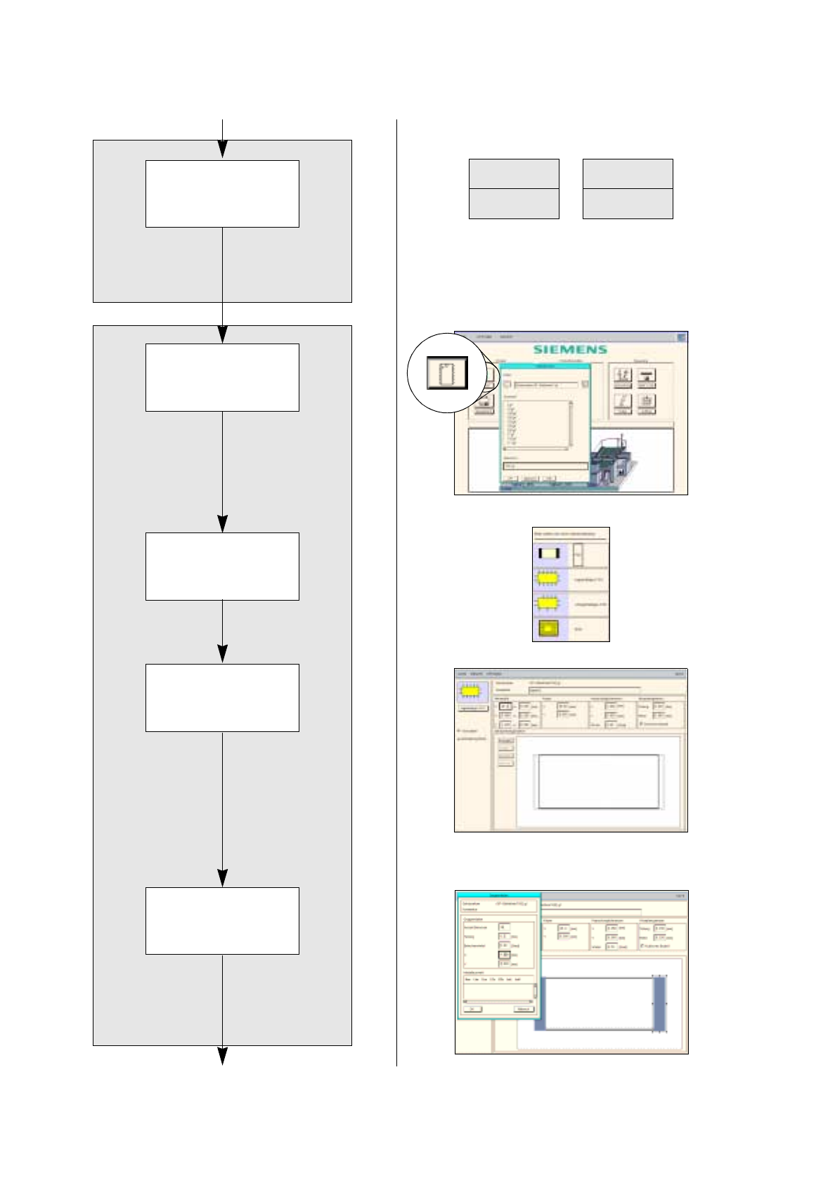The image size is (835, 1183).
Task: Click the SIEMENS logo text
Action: pyautogui.click(x=569, y=349)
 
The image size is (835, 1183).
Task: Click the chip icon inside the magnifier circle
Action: pyautogui.click(x=448, y=373)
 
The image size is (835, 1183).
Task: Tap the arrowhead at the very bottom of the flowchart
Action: pyautogui.click(x=222, y=1056)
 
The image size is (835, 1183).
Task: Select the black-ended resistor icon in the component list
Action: pyautogui.click(x=548, y=554)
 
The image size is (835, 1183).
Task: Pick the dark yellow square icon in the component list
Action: pyautogui.click(x=548, y=629)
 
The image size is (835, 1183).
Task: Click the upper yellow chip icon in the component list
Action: pyautogui.click(x=548, y=579)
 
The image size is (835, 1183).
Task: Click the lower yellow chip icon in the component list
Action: pyautogui.click(x=548, y=603)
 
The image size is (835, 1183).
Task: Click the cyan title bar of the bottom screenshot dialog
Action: pyautogui.click(x=499, y=895)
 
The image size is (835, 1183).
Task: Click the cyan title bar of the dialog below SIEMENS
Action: pyautogui.click(x=545, y=366)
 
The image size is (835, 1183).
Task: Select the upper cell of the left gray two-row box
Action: pyautogui.click(x=514, y=174)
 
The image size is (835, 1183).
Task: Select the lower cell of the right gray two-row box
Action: pyautogui.click(x=628, y=203)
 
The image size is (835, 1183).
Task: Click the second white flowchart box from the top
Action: pyautogui.click(x=222, y=377)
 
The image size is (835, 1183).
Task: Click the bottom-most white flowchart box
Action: pyautogui.click(x=222, y=920)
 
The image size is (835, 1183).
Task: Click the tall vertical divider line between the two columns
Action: pyautogui.click(x=396, y=590)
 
